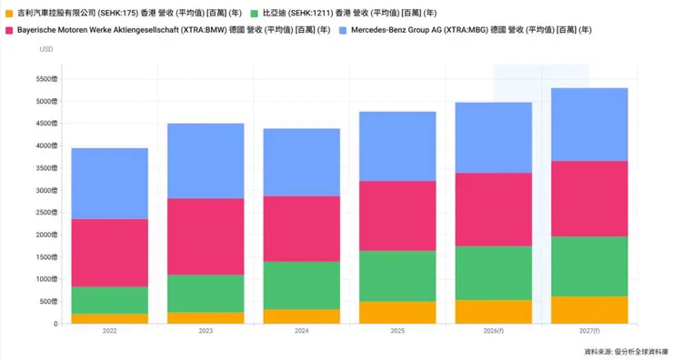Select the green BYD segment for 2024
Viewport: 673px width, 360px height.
[x=301, y=285]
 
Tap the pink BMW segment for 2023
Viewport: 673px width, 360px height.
[x=206, y=236]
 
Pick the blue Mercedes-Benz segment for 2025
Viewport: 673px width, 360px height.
[x=397, y=146]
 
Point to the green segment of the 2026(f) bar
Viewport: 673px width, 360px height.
[x=492, y=273]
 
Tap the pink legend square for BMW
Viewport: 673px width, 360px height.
[x=9, y=30]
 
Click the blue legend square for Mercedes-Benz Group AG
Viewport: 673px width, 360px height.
[x=342, y=30]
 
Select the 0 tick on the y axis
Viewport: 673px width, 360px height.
[x=55, y=324]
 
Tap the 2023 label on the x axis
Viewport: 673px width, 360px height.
[x=206, y=331]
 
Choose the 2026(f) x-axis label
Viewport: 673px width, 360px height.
[x=492, y=331]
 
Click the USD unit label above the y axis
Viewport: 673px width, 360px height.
[x=46, y=49]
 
